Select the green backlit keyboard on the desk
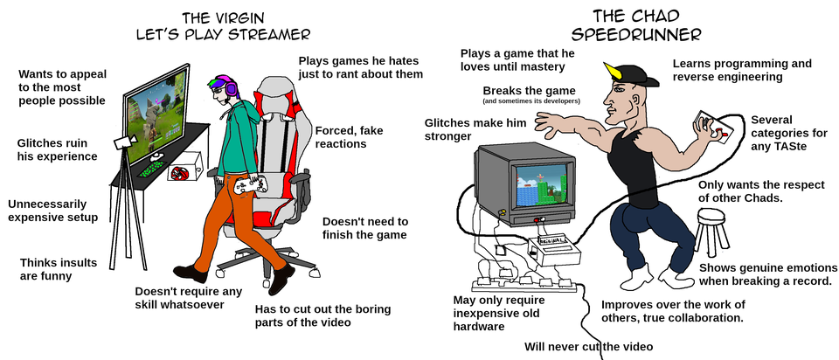click(x=151, y=170)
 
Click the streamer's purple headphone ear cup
click(x=231, y=87)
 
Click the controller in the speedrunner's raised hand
click(x=711, y=125)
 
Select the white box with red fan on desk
click(x=184, y=166)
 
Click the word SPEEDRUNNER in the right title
click(x=635, y=35)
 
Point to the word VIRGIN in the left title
click(x=244, y=18)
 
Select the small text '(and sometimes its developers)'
click(x=531, y=100)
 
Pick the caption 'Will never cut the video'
click(x=588, y=346)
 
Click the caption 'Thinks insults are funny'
click(x=59, y=269)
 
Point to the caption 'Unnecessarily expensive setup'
click(x=53, y=211)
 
